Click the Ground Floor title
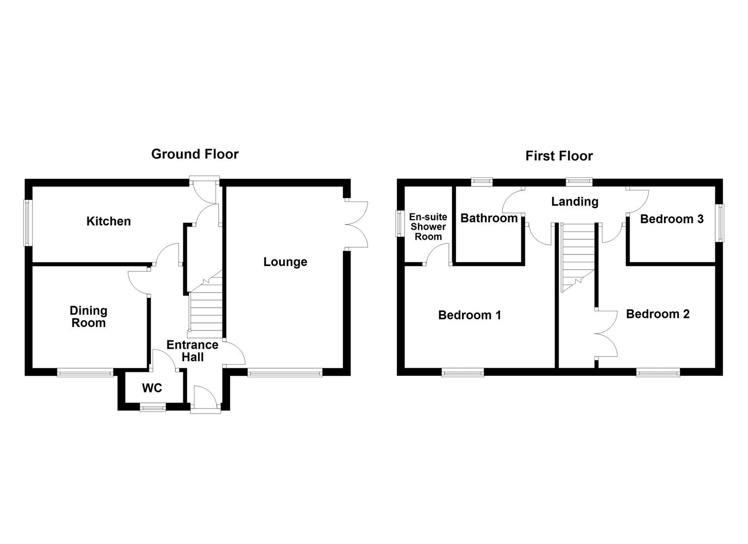(194, 154)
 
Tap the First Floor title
(559, 156)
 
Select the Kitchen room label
(108, 221)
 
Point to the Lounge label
(285, 262)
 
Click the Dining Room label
(89, 317)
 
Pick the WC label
(152, 388)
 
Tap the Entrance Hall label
(192, 351)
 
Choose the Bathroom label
(489, 218)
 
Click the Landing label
(575, 201)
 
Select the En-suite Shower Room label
(428, 227)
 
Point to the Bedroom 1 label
(469, 315)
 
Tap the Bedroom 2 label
(657, 314)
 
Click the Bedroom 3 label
(671, 219)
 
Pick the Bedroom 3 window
(720, 223)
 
